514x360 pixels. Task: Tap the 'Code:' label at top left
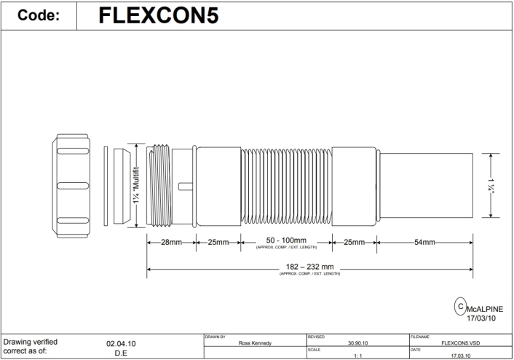(x=39, y=17)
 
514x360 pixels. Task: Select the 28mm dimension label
(x=171, y=243)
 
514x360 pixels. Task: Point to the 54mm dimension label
(x=425, y=243)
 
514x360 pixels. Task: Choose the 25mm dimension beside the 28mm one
(x=217, y=243)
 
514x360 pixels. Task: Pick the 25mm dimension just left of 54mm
(x=353, y=243)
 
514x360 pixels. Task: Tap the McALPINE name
(x=485, y=308)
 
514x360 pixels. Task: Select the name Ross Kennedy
(x=250, y=344)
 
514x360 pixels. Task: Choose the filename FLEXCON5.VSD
(x=459, y=344)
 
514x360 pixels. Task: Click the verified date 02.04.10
(x=121, y=342)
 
